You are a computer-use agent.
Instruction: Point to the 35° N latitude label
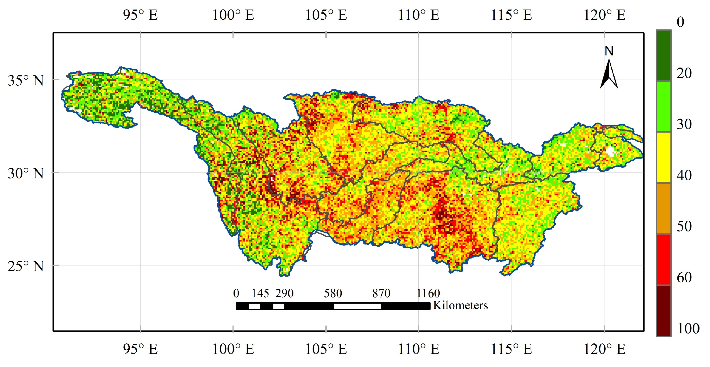[26, 80]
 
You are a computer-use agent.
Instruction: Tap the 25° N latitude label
[26, 266]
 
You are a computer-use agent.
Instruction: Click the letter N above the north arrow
[609, 51]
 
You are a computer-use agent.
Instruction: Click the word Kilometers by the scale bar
[460, 305]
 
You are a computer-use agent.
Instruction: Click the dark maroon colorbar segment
[664, 311]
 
